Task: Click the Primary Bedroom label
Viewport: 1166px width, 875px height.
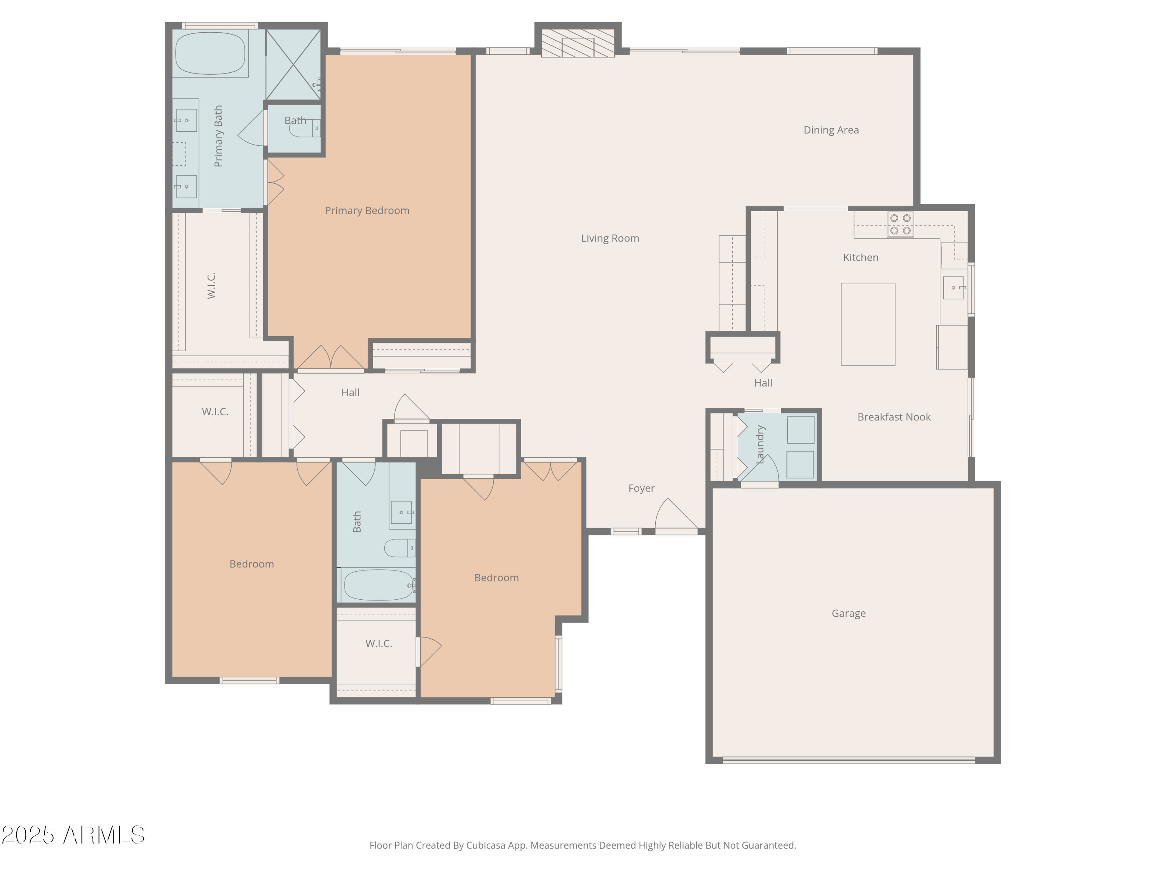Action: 367,210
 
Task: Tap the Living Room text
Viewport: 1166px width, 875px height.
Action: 610,238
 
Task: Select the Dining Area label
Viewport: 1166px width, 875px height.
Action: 831,130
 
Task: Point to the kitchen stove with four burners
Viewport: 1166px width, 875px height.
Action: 900,224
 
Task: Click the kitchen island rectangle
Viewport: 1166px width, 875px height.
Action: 868,324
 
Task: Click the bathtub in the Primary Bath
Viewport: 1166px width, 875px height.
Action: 210,53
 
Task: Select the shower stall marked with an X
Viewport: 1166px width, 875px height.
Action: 293,64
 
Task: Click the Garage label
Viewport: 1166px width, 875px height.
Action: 848,613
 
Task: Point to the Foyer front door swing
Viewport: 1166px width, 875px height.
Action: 675,516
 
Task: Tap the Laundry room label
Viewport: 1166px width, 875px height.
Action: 759,444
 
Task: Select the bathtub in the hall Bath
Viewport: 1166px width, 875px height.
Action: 378,585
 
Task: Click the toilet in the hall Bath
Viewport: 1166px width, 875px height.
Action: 400,548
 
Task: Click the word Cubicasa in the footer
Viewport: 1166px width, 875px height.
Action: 485,845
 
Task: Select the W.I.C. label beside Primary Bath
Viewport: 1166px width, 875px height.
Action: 211,285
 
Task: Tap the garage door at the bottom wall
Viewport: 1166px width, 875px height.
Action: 848,760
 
